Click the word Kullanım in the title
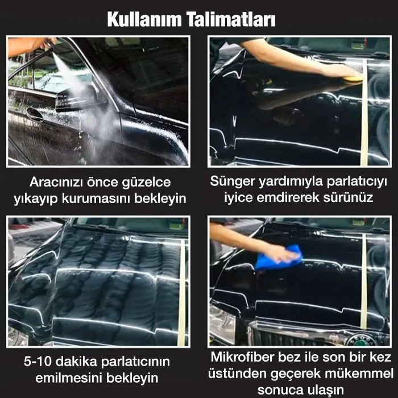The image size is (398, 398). point(144,19)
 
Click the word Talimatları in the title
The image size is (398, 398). point(231,19)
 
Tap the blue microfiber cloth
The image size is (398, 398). point(279,258)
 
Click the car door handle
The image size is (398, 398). point(35,114)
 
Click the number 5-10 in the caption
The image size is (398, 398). point(38,361)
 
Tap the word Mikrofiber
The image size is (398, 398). point(242,357)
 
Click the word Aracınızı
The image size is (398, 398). point(56,183)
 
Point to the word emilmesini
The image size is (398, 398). point(69,378)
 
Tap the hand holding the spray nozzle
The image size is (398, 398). point(47,43)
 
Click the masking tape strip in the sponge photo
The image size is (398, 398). point(364,113)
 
